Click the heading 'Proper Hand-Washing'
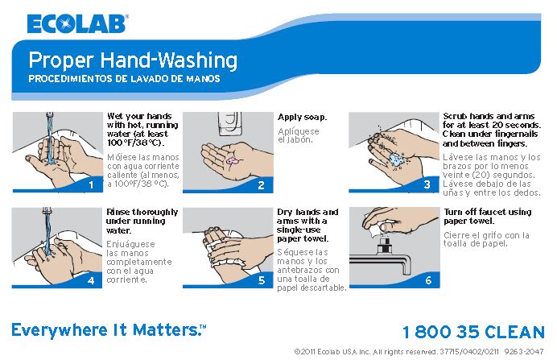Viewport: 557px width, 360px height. [x=133, y=60]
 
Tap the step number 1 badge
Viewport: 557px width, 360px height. [x=92, y=184]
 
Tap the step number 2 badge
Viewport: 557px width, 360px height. [x=261, y=184]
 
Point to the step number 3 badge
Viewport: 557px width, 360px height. [x=427, y=184]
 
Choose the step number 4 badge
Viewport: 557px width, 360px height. [x=92, y=280]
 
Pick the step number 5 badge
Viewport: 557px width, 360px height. [x=261, y=280]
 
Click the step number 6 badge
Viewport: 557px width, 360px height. [x=427, y=280]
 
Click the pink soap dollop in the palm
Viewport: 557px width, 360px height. [x=233, y=161]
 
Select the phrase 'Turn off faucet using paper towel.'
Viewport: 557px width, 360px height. [x=487, y=217]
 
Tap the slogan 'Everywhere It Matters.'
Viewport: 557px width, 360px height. [x=109, y=330]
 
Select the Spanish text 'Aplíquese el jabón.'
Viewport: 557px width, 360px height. [x=299, y=135]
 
